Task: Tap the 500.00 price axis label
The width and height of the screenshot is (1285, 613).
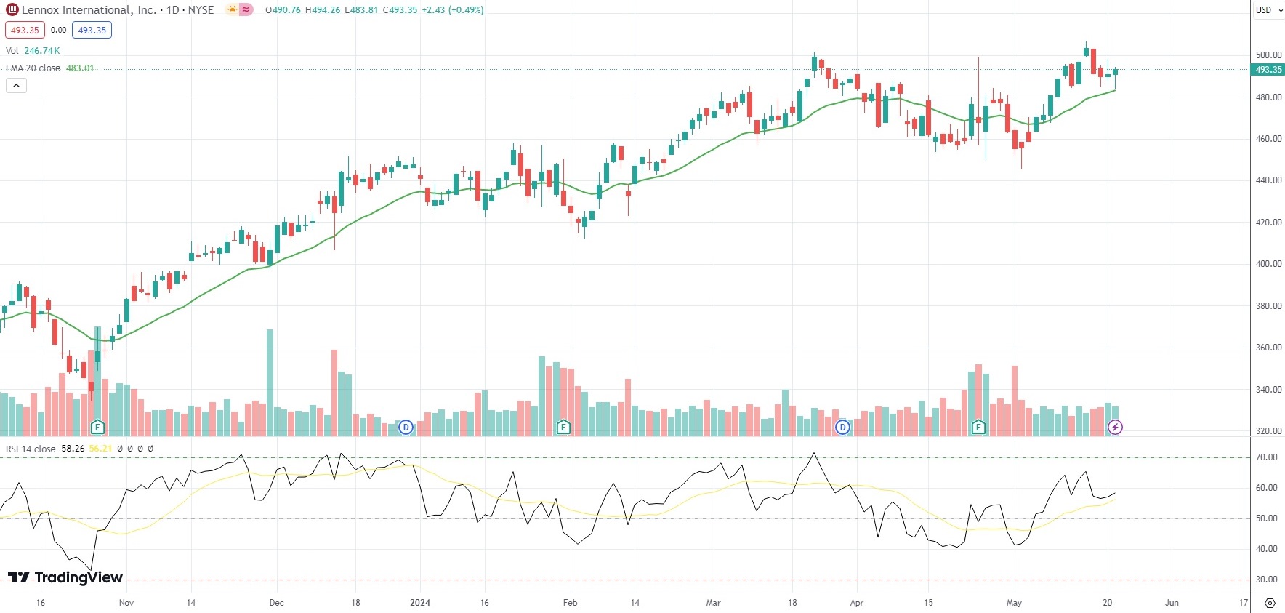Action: point(1268,55)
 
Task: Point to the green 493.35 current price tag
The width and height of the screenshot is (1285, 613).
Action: point(1268,70)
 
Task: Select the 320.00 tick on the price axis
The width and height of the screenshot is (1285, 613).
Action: point(1268,431)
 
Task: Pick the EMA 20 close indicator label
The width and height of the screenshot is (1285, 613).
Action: point(33,68)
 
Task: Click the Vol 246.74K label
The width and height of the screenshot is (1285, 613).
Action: point(33,51)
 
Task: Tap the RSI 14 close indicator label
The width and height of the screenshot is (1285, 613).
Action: point(31,449)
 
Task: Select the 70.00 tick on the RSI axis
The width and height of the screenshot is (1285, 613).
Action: point(1267,457)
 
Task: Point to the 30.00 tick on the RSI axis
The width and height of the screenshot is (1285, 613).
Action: point(1267,580)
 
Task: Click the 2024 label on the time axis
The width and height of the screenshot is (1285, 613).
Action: point(420,603)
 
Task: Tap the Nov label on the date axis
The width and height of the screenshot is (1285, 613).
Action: point(126,603)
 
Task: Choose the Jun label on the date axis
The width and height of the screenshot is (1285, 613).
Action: point(1172,603)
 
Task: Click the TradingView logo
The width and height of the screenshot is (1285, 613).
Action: point(65,577)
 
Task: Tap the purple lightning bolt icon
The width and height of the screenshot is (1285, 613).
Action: point(1115,428)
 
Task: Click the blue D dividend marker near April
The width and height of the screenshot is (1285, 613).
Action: point(842,428)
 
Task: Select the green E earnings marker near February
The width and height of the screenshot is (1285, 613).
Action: point(563,428)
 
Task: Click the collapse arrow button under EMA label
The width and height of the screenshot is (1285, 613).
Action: point(16,86)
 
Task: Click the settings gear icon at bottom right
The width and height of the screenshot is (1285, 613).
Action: point(1270,603)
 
